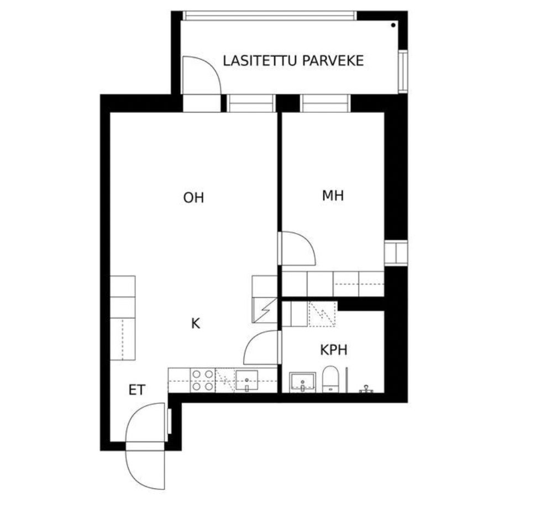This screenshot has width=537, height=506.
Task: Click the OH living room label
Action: point(193,198)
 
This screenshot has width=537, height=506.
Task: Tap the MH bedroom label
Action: point(333,196)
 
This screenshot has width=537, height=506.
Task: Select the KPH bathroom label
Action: point(334,350)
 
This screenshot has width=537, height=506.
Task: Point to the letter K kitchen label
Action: point(195,323)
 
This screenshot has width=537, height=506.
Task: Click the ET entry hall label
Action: point(137,390)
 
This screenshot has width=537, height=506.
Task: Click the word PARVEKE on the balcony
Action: point(333,61)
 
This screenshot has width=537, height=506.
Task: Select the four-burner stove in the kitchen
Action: point(202,381)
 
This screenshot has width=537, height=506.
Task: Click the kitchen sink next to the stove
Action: point(246,381)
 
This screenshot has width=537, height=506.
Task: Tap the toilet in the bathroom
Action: point(330,379)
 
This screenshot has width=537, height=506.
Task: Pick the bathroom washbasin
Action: point(303,383)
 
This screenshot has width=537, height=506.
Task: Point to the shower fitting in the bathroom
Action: point(366,389)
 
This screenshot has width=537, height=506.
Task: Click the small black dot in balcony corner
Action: point(393,25)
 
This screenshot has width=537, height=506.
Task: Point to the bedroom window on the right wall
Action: point(396,252)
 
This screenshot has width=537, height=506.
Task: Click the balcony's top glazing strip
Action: point(270,16)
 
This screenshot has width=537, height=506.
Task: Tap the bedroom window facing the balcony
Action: point(325,103)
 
